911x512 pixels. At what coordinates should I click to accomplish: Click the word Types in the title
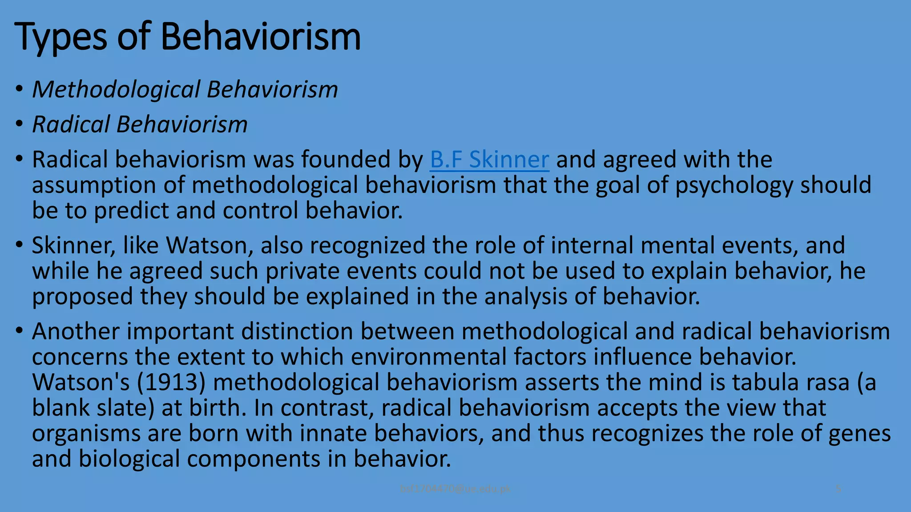click(x=60, y=37)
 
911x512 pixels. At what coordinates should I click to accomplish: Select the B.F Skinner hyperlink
click(x=489, y=160)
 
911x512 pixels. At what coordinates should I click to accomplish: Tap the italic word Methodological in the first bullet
click(x=116, y=90)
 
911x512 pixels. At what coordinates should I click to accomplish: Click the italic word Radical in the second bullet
click(x=71, y=124)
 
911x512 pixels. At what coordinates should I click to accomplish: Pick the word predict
click(x=131, y=211)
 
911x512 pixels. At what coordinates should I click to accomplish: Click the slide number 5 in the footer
click(x=838, y=489)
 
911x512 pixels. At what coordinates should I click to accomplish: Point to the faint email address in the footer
click(x=455, y=489)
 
